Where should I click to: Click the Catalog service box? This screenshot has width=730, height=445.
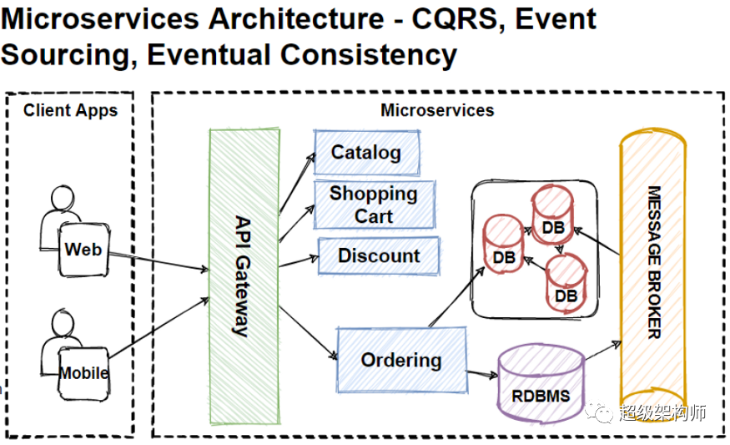coord(367,153)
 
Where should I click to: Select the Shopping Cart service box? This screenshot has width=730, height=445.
coord(375,205)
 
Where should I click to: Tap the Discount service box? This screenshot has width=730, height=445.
coord(379,255)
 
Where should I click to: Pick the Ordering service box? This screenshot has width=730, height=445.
coord(402,360)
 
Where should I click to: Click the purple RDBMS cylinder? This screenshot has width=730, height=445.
coord(541,383)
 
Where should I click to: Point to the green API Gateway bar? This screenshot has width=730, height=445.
coord(244,276)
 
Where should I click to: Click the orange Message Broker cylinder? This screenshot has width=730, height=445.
coord(652,271)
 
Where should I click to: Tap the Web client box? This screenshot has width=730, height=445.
coord(83,250)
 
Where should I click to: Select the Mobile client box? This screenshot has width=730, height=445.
coord(83,373)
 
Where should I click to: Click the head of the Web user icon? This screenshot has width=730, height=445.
coord(63,198)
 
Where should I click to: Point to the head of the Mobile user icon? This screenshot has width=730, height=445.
coord(63,322)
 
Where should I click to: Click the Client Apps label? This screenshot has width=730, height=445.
coord(70,110)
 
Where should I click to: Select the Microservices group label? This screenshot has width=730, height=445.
coord(437,110)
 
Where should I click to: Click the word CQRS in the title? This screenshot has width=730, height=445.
coord(458,19)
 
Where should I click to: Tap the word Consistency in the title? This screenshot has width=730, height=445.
coord(369,55)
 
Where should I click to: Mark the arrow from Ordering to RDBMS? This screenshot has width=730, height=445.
coord(482,374)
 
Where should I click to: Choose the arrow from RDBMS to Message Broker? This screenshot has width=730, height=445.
coord(603,351)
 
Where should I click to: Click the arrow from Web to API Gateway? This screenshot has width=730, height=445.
coord(159,261)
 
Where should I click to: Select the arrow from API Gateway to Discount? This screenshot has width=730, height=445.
coord(299,261)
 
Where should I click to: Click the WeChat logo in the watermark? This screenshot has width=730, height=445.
coord(600,412)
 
